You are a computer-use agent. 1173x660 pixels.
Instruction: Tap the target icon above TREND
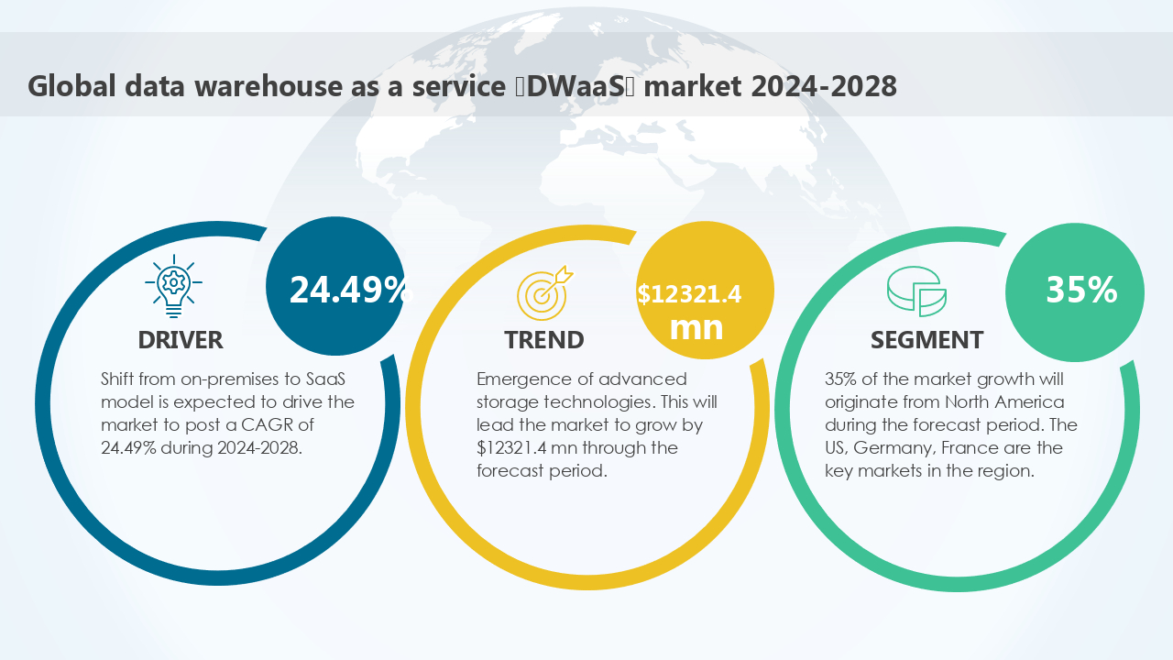[543, 291]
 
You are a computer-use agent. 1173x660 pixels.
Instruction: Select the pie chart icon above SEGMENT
[916, 291]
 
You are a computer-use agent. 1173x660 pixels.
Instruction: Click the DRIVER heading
[181, 340]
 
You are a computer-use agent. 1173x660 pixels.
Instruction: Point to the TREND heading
[543, 340]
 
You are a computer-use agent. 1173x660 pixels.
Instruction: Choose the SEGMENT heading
[926, 340]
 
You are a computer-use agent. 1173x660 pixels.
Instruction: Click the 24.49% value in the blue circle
[348, 290]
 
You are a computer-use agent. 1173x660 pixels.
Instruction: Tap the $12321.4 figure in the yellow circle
[689, 294]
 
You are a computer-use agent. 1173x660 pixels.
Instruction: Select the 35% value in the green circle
[1081, 290]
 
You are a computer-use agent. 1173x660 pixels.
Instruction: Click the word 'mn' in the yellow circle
[696, 327]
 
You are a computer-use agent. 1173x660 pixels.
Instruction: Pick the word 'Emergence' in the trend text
[519, 379]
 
